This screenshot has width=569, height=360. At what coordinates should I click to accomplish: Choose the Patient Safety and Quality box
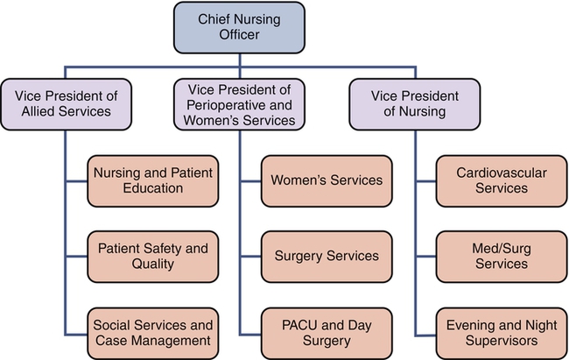click(153, 256)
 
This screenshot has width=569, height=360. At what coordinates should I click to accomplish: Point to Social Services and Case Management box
click(153, 330)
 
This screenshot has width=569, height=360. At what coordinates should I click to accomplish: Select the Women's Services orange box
click(327, 180)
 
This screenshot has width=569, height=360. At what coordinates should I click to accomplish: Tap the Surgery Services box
click(327, 256)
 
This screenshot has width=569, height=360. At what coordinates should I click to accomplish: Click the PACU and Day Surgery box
click(327, 330)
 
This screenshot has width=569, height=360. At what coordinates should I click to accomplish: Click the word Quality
click(153, 265)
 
